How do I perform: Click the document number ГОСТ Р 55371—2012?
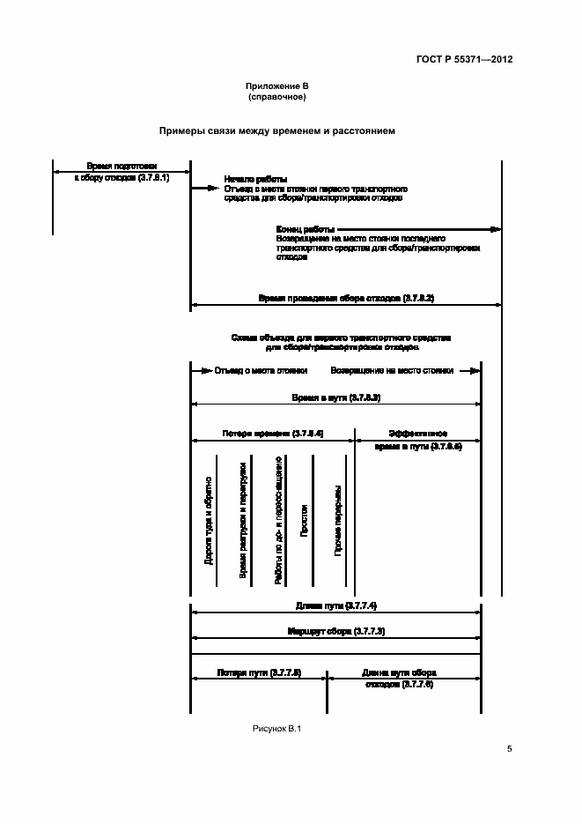pyautogui.click(x=464, y=60)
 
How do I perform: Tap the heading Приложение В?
pyautogui.click(x=276, y=85)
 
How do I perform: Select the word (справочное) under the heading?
pyautogui.click(x=276, y=97)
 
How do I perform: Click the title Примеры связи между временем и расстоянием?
pyautogui.click(x=276, y=130)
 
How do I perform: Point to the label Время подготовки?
pyautogui.click(x=122, y=166)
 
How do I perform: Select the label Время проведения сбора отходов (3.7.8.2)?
pyautogui.click(x=345, y=299)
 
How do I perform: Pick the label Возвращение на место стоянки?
pyautogui.click(x=393, y=371)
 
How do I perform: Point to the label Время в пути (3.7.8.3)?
pyautogui.click(x=335, y=398)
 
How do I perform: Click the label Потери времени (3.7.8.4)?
pyautogui.click(x=273, y=434)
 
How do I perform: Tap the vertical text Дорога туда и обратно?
pyautogui.click(x=209, y=520)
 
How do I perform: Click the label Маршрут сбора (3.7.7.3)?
pyautogui.click(x=335, y=632)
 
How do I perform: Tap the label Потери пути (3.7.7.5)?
pyautogui.click(x=259, y=672)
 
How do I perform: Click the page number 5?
pyautogui.click(x=509, y=749)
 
